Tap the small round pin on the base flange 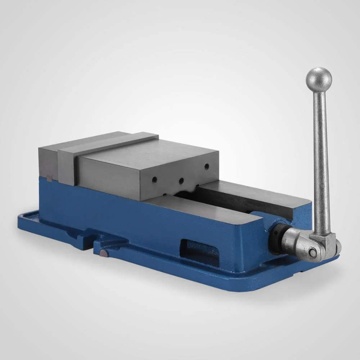[104, 254]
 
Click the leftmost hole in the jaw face [154, 178]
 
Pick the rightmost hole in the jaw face [207, 166]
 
